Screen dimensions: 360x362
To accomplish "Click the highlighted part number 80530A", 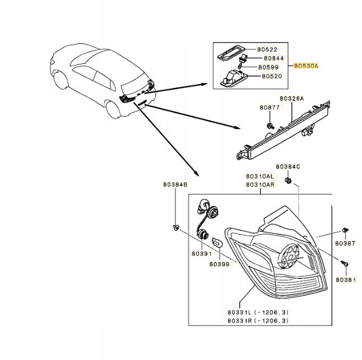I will point(307,66).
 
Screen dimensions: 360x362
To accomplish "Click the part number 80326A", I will point(291,98).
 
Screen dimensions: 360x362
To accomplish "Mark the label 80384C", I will point(287,166).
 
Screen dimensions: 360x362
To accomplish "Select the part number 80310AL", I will point(259,175).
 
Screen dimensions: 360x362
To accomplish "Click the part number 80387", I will point(345,244).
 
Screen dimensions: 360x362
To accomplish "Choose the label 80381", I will point(345,279).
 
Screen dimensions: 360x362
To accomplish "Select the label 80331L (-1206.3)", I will point(257,311).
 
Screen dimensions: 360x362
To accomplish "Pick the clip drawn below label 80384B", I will point(175,227).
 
